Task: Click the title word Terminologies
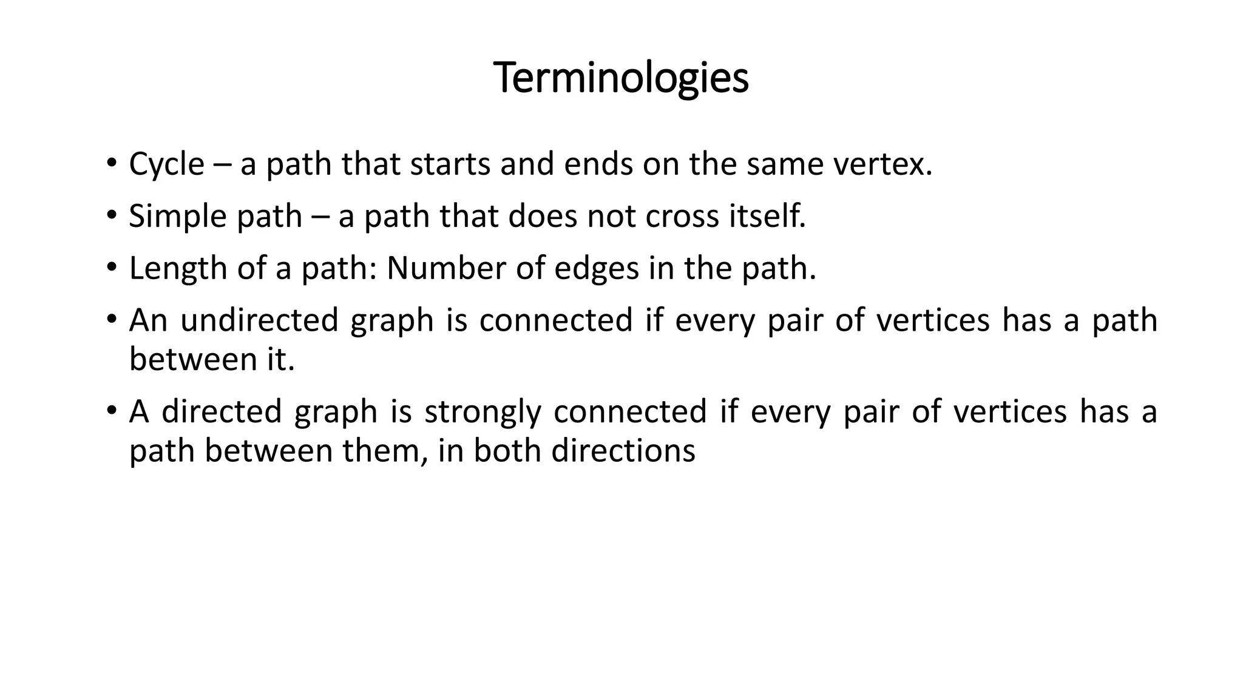621,78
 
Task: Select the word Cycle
166,164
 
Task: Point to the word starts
450,164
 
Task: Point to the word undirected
259,320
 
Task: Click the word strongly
483,411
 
